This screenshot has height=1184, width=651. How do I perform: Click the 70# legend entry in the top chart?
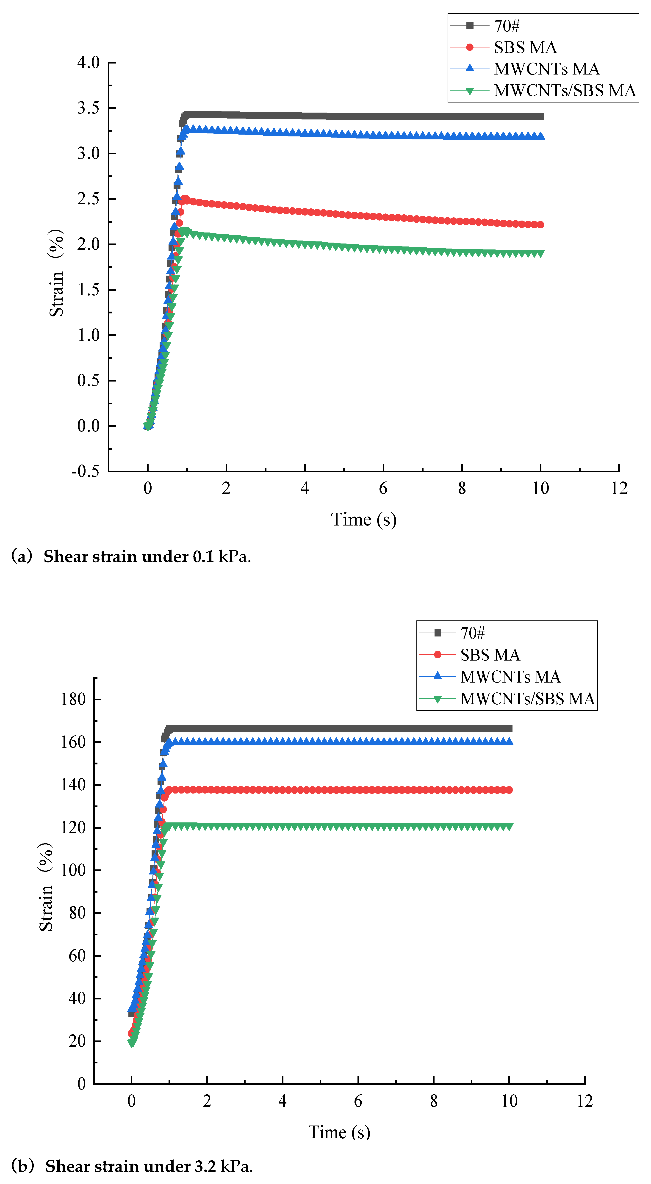(507, 26)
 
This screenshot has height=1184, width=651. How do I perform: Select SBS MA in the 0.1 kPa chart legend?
(525, 47)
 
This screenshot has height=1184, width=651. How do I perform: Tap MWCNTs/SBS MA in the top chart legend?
(565, 91)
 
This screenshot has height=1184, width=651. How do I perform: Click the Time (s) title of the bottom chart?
(339, 1132)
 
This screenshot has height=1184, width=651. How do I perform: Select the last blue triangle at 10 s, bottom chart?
(509, 741)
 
